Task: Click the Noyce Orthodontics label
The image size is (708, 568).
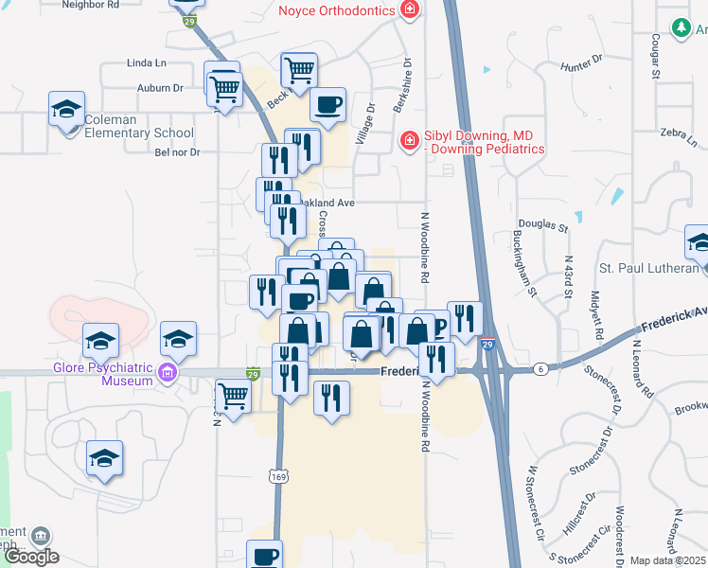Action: coord(338,10)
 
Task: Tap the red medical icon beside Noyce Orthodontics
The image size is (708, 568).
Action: coord(410,10)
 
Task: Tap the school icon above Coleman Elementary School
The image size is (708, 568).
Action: coord(67,109)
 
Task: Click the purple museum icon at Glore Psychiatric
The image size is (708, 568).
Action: coord(168,375)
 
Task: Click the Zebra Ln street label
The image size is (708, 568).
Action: coord(679,136)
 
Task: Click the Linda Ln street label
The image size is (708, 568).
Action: coord(146,63)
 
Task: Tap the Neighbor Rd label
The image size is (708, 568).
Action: coord(90,5)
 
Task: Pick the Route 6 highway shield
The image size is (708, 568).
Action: coord(540,367)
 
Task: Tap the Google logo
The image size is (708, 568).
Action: coord(32,557)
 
